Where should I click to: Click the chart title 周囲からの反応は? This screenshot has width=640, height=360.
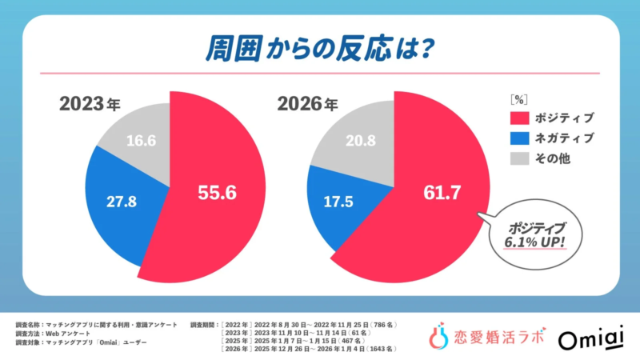[x=319, y=47]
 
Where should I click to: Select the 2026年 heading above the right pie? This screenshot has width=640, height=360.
[x=307, y=104]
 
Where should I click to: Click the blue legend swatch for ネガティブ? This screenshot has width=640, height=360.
[x=519, y=139]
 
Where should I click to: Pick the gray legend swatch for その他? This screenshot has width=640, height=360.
[x=519, y=160]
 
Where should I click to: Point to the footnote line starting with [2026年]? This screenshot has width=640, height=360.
[x=316, y=349]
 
